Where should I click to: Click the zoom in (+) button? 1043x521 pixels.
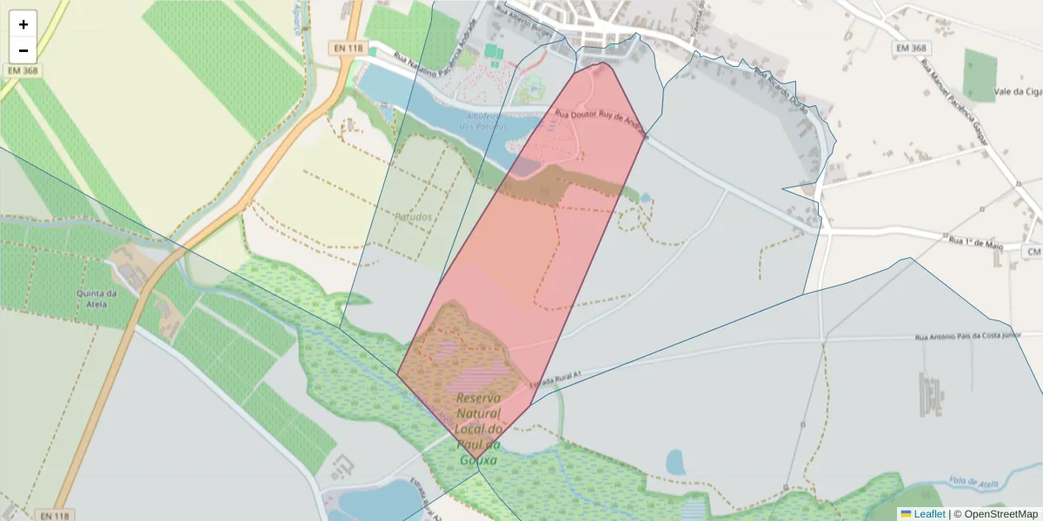(23, 24)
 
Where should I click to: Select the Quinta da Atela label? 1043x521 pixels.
(96, 298)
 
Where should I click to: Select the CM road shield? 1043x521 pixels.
(1033, 252)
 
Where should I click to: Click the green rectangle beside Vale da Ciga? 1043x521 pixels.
(980, 75)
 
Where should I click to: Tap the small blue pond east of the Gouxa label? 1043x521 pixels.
(675, 462)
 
